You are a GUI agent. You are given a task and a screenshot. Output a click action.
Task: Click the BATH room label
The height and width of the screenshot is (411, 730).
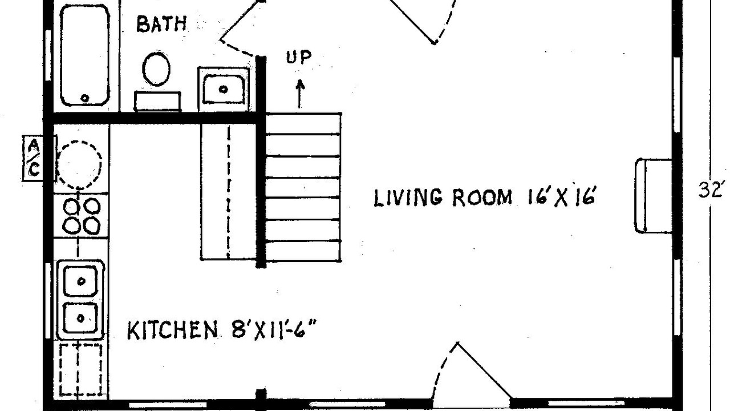(161, 24)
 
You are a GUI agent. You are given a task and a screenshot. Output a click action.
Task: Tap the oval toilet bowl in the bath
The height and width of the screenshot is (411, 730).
(156, 69)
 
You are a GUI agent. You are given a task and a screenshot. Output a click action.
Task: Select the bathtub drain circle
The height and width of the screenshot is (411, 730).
(85, 98)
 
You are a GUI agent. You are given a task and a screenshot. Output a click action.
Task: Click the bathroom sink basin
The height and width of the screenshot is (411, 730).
(224, 88)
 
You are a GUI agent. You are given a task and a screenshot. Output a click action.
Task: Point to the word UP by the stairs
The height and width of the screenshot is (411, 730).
(298, 58)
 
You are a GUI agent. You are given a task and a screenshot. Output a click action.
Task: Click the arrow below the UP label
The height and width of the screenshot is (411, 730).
(300, 94)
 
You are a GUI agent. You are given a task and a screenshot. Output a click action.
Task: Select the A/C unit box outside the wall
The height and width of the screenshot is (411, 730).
(34, 159)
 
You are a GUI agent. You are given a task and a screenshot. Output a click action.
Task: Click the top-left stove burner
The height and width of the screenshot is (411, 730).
(71, 207)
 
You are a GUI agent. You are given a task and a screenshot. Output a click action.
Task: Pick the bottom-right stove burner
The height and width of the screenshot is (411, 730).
(92, 225)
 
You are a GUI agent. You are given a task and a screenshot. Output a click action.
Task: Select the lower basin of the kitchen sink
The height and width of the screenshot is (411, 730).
(80, 318)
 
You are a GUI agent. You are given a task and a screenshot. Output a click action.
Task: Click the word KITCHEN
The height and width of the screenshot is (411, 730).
(172, 331)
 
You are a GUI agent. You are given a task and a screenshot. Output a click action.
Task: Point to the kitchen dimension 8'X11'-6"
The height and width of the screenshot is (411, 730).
(274, 330)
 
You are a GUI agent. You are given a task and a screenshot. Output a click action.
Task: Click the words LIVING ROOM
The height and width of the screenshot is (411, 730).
(443, 198)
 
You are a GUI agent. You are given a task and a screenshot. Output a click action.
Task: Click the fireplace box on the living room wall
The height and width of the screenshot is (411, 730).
(654, 196)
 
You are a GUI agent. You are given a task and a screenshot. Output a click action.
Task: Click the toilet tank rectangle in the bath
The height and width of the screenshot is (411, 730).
(157, 101)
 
